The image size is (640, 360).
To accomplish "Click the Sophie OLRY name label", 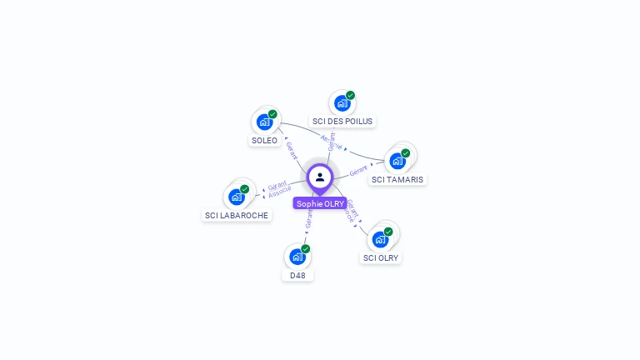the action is (320, 203).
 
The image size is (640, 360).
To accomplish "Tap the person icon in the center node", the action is (320, 177).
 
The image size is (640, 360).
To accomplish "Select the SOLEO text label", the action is (264, 141).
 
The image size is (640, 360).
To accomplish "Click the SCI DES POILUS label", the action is (342, 122).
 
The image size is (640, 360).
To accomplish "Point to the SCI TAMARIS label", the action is (397, 179).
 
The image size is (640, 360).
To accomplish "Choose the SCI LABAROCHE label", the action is (237, 215).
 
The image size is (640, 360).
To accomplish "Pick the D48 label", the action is (297, 275).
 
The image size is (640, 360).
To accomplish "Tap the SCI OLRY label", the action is (381, 257).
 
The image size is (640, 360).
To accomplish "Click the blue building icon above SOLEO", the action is (265, 122).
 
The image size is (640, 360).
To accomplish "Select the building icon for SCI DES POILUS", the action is (342, 103).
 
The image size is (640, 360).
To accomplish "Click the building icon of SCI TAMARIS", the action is (397, 161).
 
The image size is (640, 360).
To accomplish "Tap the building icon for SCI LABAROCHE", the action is (237, 197).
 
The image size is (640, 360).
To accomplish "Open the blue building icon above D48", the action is (297, 257).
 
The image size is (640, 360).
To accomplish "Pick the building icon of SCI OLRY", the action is (381, 239).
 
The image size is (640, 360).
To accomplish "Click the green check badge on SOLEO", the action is (272, 114).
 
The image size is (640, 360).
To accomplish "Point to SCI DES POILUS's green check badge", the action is (350, 95).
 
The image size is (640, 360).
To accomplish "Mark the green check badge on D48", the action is (306, 249).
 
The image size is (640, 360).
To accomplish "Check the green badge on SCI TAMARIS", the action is (406, 153).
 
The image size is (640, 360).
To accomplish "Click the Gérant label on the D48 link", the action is (309, 219).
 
